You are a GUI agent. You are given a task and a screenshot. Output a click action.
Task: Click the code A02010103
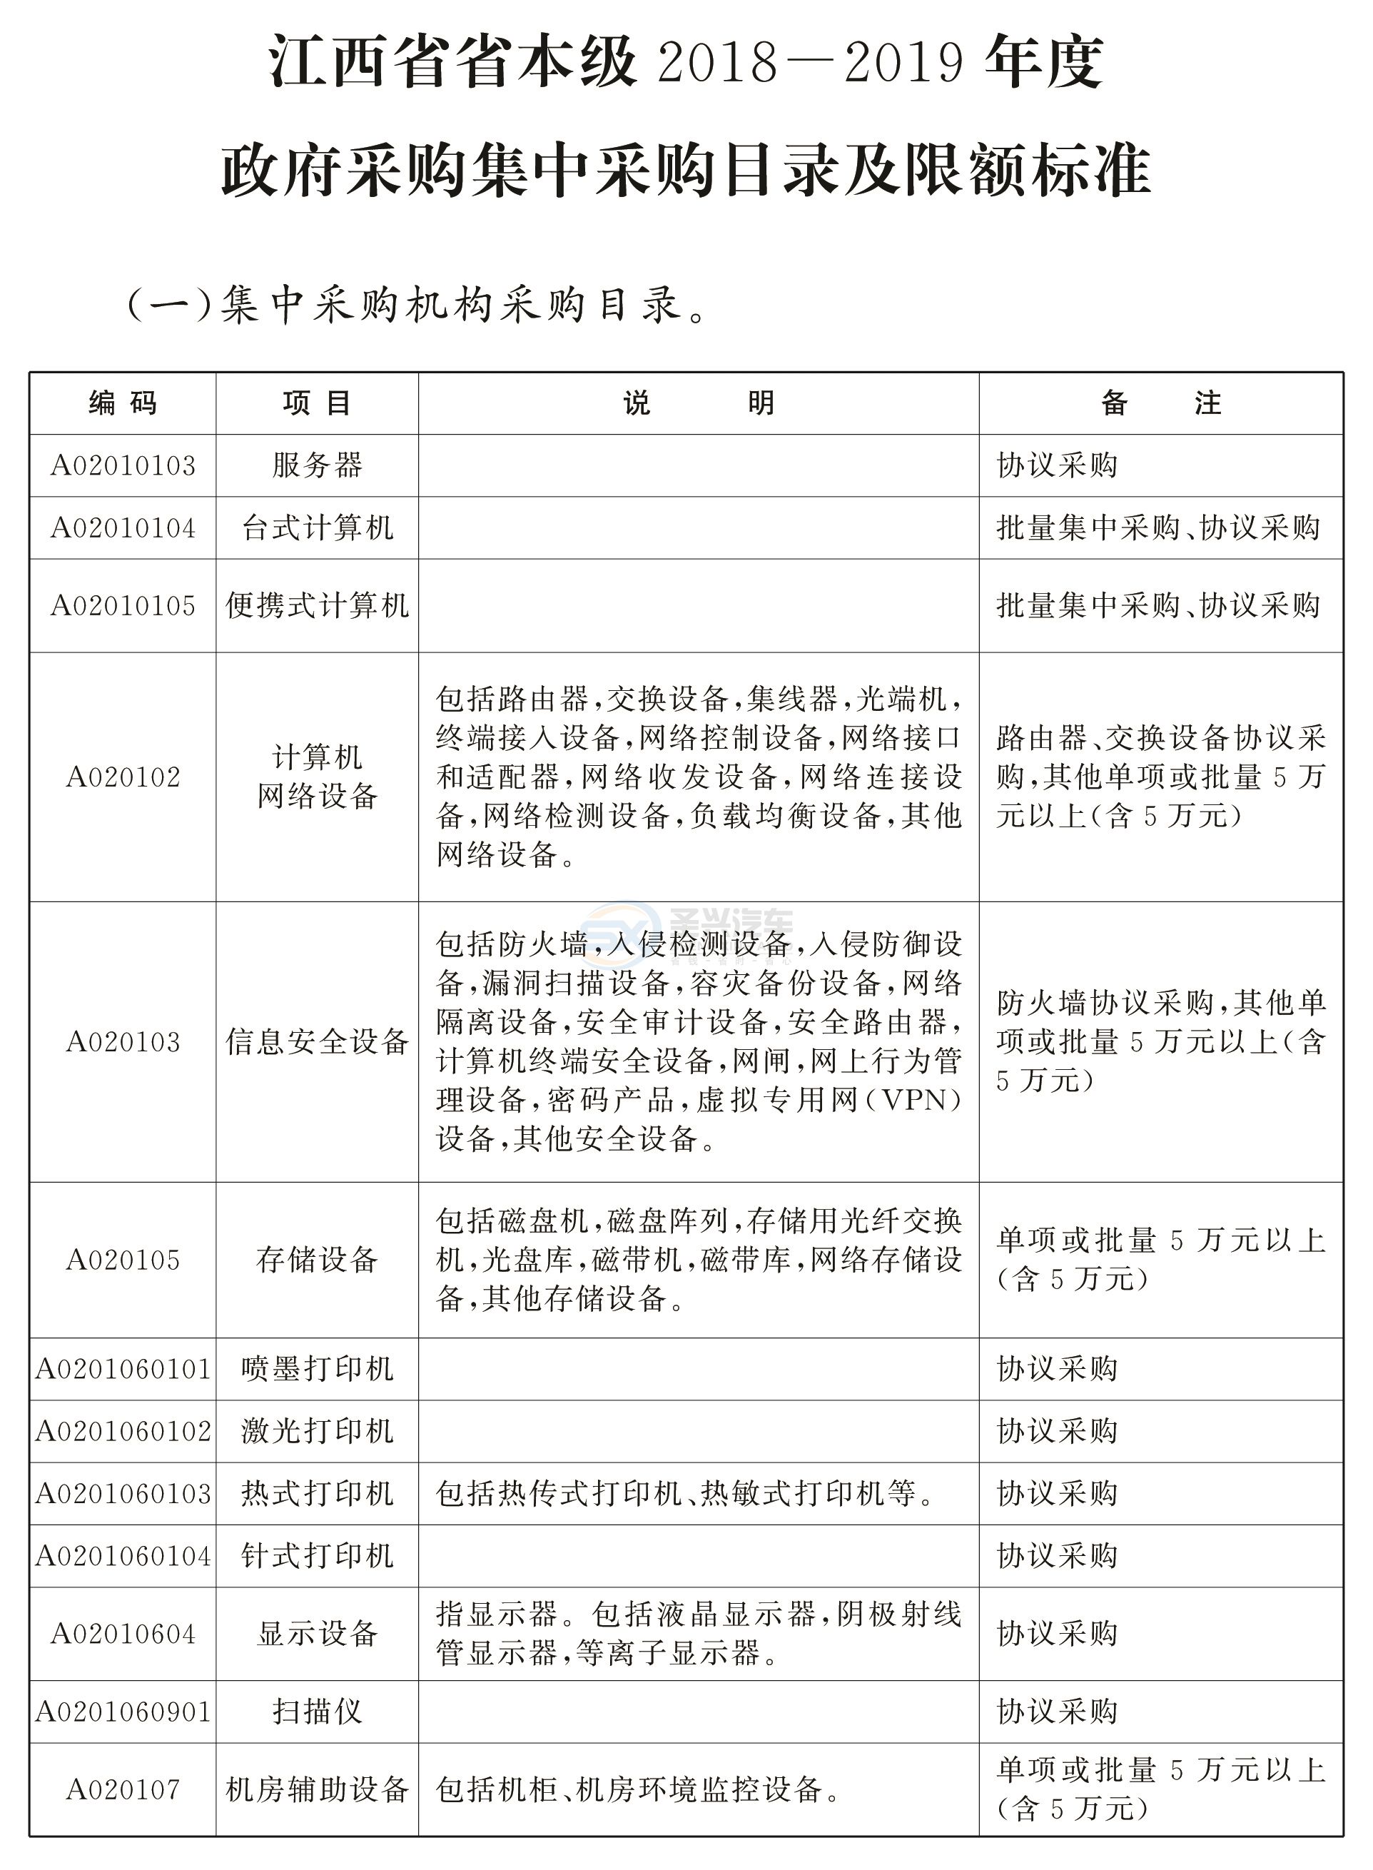[123, 465]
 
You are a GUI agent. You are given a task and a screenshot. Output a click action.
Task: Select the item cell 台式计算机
[317, 527]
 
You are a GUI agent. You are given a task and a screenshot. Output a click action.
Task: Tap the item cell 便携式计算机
[317, 605]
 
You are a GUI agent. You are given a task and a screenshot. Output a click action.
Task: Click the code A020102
[123, 777]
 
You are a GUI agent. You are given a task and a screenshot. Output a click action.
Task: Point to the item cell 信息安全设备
[317, 1041]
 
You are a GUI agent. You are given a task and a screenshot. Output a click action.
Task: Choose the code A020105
[123, 1260]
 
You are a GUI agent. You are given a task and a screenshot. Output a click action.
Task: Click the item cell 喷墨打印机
[317, 1369]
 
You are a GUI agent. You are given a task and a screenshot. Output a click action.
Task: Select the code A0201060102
[123, 1431]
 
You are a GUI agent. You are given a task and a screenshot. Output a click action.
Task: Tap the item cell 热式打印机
[317, 1494]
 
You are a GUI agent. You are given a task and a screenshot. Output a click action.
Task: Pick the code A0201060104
[123, 1556]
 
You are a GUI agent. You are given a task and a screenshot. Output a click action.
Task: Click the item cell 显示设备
[317, 1634]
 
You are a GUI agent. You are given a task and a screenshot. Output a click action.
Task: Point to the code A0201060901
[123, 1712]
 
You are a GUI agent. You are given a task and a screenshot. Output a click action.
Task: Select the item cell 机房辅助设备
[317, 1789]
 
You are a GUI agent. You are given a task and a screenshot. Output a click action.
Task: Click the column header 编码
[123, 403]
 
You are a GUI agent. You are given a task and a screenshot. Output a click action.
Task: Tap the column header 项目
[317, 403]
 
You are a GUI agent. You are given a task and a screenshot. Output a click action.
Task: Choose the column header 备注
[1160, 403]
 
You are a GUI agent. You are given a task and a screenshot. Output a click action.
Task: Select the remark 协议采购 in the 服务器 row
[1057, 465]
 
